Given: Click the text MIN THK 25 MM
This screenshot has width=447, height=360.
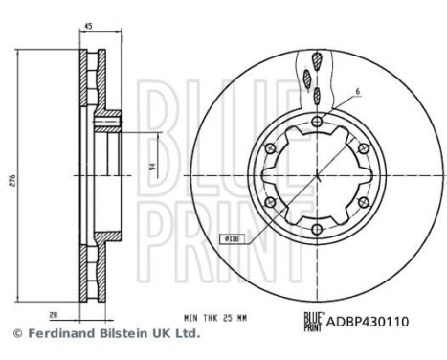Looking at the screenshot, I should [221, 315].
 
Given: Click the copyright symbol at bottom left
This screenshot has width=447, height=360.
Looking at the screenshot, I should [16, 333].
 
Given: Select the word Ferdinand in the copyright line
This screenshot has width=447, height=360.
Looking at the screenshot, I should [59, 333].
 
